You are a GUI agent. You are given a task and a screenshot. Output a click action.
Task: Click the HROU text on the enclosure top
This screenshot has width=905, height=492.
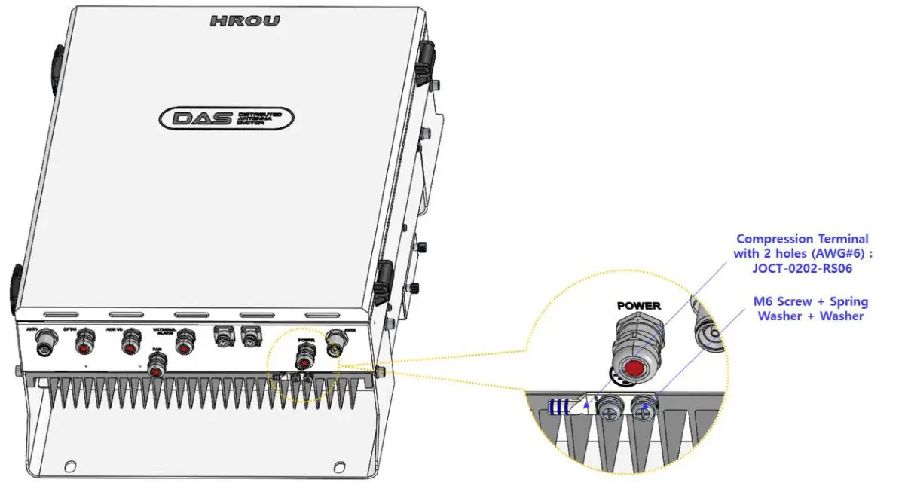coord(244,21)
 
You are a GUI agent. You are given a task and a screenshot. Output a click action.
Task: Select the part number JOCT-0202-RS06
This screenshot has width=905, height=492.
coord(803,267)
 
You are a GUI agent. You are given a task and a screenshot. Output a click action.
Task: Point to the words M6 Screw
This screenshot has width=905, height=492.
coord(783,301)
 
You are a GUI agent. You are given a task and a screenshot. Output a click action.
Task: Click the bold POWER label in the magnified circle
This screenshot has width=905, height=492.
coord(638,306)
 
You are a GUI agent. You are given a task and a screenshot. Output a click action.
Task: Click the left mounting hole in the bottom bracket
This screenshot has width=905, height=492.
coord(69,464)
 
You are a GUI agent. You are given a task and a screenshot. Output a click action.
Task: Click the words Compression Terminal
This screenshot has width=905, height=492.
coord(802,239)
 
